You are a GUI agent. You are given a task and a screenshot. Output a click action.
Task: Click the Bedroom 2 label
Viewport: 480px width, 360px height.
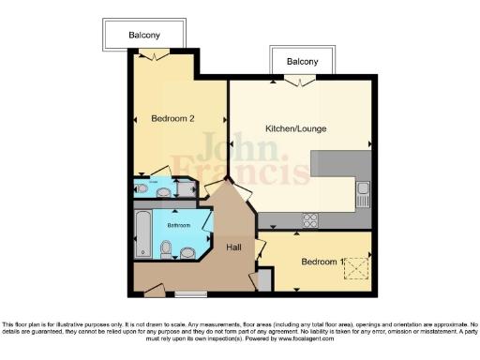(x=172, y=118)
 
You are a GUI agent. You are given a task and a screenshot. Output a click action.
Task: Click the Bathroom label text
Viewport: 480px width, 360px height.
(x=178, y=225)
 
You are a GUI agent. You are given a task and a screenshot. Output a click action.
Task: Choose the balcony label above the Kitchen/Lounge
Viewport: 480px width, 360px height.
(x=302, y=62)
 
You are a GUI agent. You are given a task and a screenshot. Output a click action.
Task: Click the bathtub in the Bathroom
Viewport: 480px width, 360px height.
(x=142, y=234)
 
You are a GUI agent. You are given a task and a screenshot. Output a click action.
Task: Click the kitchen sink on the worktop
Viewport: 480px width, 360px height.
(x=363, y=194)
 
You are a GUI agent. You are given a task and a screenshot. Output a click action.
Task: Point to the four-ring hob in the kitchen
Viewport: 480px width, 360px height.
(x=309, y=221)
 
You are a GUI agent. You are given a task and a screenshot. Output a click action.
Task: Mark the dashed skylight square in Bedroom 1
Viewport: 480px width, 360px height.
(x=357, y=267)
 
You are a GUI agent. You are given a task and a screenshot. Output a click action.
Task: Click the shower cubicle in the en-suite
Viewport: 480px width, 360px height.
(x=142, y=188)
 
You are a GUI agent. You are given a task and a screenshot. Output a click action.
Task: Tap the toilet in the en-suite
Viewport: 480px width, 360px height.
(x=164, y=193)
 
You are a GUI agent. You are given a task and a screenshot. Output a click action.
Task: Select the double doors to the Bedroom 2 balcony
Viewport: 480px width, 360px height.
(x=152, y=56)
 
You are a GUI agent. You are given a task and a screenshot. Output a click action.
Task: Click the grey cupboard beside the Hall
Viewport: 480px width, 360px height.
(x=264, y=279)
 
